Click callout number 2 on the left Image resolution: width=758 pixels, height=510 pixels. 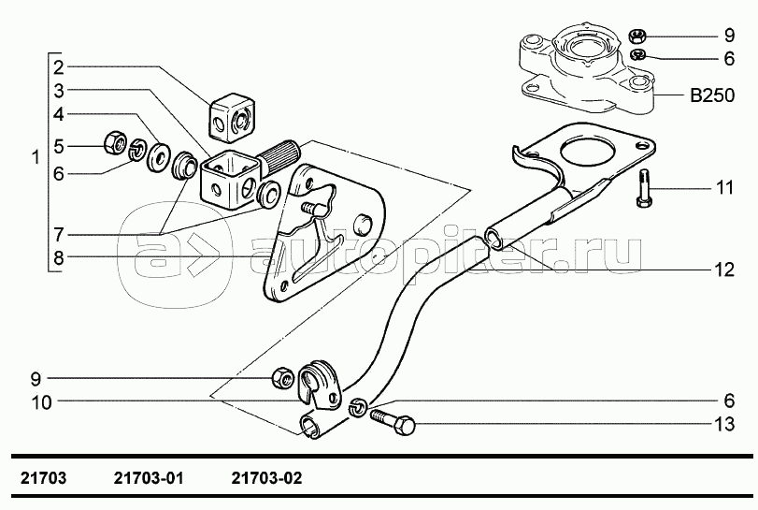click(x=58, y=66)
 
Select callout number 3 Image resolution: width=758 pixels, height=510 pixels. click(x=58, y=91)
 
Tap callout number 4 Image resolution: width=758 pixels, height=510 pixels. click(x=58, y=115)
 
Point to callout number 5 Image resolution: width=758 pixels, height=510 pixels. click(x=58, y=145)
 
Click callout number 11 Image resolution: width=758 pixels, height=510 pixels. click(x=724, y=188)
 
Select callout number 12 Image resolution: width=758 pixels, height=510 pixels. click(x=724, y=270)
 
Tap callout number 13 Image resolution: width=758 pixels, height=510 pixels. click(x=724, y=425)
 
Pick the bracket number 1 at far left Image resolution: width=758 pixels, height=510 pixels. click(x=36, y=159)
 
